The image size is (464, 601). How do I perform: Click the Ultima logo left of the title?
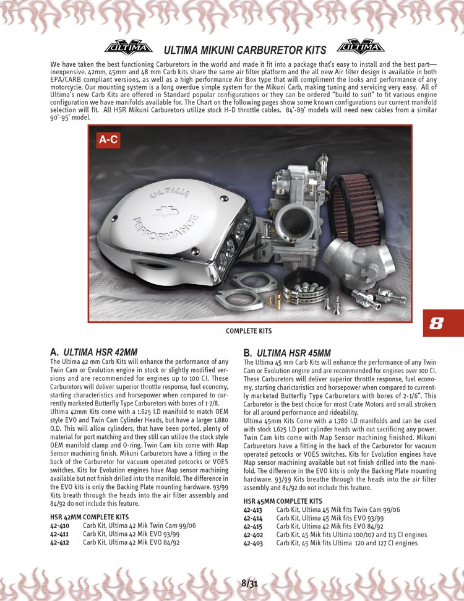(128, 47)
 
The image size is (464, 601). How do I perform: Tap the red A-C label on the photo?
(109, 140)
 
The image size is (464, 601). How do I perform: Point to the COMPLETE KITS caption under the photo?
(249, 331)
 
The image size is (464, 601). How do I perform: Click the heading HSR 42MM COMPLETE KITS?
(89, 516)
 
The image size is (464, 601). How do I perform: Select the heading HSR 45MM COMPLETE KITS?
(283, 501)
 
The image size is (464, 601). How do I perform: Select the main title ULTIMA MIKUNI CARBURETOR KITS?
(244, 50)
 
